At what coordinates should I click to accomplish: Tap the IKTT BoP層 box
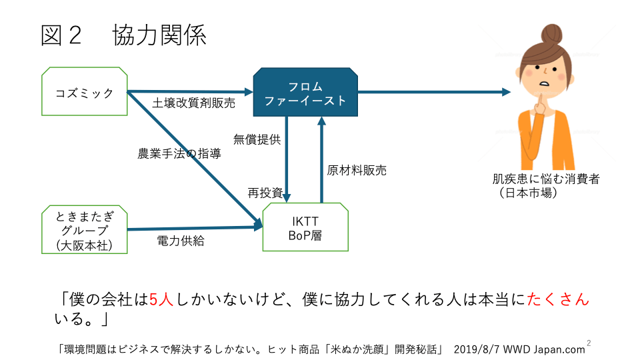(x=305, y=228)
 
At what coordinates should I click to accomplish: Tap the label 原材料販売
(x=357, y=170)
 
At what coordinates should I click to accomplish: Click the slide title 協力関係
(x=159, y=35)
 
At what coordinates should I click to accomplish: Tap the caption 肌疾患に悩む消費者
(x=545, y=179)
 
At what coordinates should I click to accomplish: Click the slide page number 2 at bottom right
(x=589, y=343)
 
